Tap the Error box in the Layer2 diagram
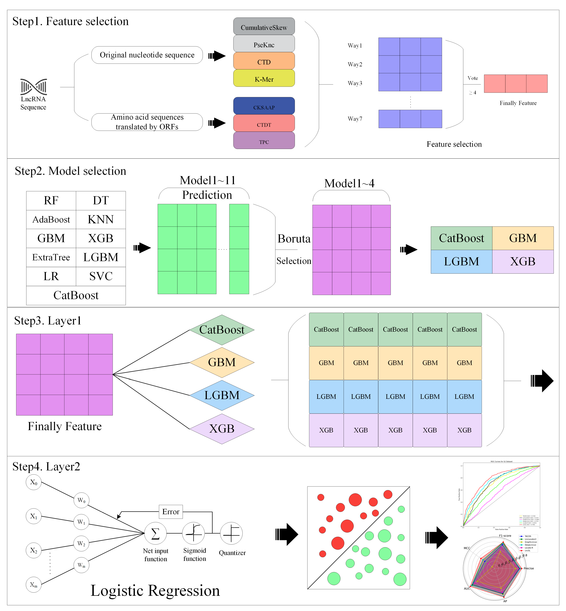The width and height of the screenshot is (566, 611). coord(171,512)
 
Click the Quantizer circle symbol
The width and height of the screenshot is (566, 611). coord(231,533)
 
